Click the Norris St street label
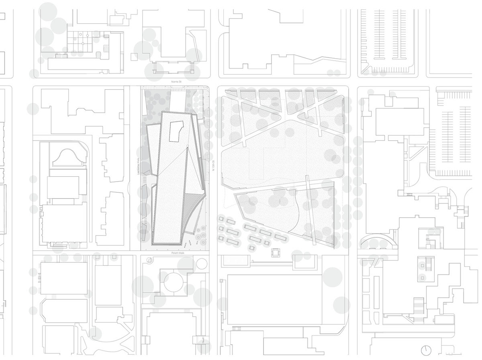175,82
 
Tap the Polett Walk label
177,253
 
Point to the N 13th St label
214,166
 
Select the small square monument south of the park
276,253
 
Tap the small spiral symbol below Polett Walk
149,260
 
